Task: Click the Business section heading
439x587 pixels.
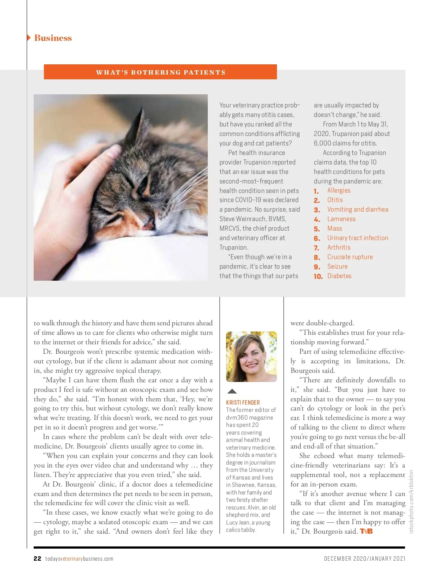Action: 53,38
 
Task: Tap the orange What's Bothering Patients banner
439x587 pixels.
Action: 160,72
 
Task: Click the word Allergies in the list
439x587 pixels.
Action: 338,190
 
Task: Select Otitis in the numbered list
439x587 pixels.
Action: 335,200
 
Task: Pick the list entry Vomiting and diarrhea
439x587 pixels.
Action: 357,209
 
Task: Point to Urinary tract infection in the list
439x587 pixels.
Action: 357,238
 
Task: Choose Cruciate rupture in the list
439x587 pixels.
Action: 350,257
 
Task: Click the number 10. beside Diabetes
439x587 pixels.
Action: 318,276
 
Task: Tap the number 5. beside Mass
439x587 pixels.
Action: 317,229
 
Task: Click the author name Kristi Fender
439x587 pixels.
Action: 243,402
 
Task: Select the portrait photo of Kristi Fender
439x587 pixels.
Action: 251,357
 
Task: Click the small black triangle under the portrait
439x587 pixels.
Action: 232,391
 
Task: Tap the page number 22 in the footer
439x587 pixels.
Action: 37,558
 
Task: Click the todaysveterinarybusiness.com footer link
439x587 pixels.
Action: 79,559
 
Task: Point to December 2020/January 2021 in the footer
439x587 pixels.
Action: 364,558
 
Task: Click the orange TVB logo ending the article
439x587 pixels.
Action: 366,531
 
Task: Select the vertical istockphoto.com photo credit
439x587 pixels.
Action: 411,501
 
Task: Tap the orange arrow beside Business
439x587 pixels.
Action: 29,38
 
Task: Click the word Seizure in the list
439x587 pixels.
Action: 337,266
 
